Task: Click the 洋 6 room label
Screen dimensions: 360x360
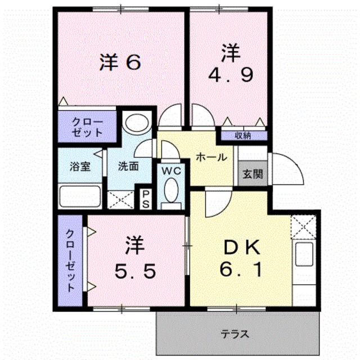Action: tap(120, 62)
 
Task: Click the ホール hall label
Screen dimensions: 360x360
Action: tap(211, 157)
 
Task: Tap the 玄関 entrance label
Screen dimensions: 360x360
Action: tap(252, 174)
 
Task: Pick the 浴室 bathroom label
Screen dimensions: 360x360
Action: tap(79, 166)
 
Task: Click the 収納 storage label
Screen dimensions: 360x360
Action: tap(243, 135)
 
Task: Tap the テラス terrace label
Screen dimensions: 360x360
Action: tap(233, 334)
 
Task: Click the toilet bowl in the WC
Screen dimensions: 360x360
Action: tap(172, 191)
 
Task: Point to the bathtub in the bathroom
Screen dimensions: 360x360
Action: tap(80, 197)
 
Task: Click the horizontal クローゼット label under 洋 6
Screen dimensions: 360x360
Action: tap(88, 128)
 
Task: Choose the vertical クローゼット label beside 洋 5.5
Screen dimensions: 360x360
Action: tap(71, 260)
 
